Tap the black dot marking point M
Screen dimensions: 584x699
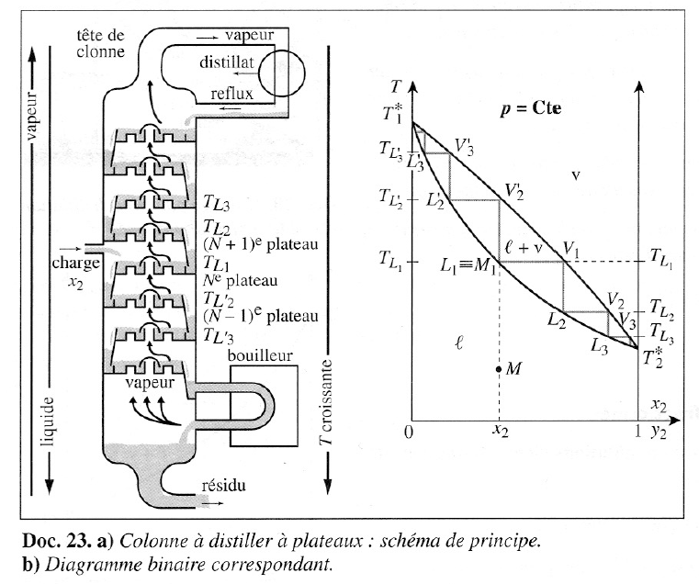498,369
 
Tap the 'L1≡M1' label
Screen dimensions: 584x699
468,267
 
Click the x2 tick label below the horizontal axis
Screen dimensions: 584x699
499,429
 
